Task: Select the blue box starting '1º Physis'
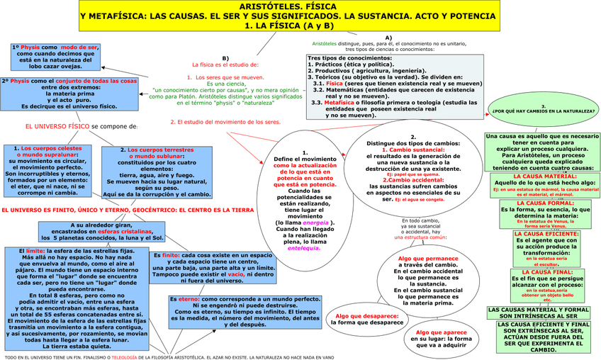(x=55, y=56)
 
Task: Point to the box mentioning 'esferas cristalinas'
(x=97, y=230)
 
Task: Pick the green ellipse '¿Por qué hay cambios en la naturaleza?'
(x=543, y=111)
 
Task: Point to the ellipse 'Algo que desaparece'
(x=366, y=319)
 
